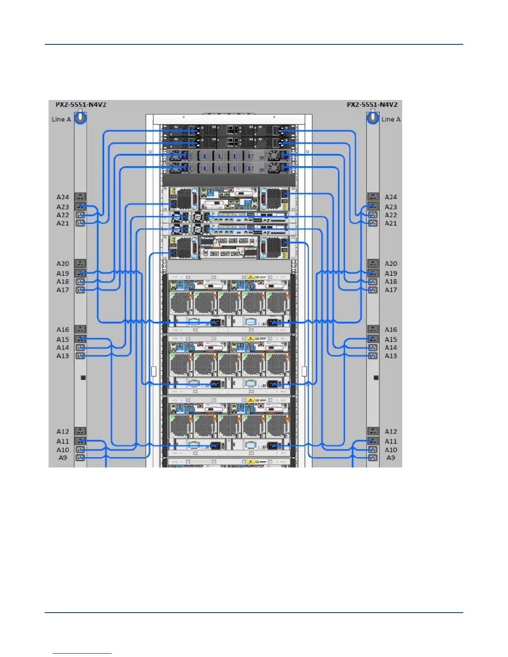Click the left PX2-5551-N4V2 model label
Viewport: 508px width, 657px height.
(x=81, y=105)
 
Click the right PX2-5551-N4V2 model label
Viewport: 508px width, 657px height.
(x=372, y=105)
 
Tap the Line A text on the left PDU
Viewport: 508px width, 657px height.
(x=61, y=119)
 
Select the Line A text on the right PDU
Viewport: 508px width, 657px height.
(x=391, y=119)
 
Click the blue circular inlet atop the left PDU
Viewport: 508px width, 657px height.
(x=81, y=118)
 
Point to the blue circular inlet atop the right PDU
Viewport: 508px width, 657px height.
(x=373, y=118)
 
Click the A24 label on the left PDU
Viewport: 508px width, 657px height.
(x=63, y=197)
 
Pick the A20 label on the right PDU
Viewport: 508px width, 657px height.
(x=391, y=263)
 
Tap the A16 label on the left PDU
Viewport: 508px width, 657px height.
(x=63, y=329)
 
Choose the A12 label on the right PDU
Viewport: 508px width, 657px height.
(x=391, y=431)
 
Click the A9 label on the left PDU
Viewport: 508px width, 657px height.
(x=63, y=457)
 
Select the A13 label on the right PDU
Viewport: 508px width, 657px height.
(x=391, y=355)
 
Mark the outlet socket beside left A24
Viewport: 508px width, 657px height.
(x=80, y=197)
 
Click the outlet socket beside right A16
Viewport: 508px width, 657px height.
(x=373, y=329)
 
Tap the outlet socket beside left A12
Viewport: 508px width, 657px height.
(x=80, y=431)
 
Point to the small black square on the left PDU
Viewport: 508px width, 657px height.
(x=83, y=377)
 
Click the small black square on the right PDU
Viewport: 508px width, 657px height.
(x=376, y=377)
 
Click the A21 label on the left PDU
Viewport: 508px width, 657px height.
(x=63, y=223)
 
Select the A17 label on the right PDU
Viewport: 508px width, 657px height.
(x=391, y=290)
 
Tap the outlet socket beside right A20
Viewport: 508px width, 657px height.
(x=373, y=263)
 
